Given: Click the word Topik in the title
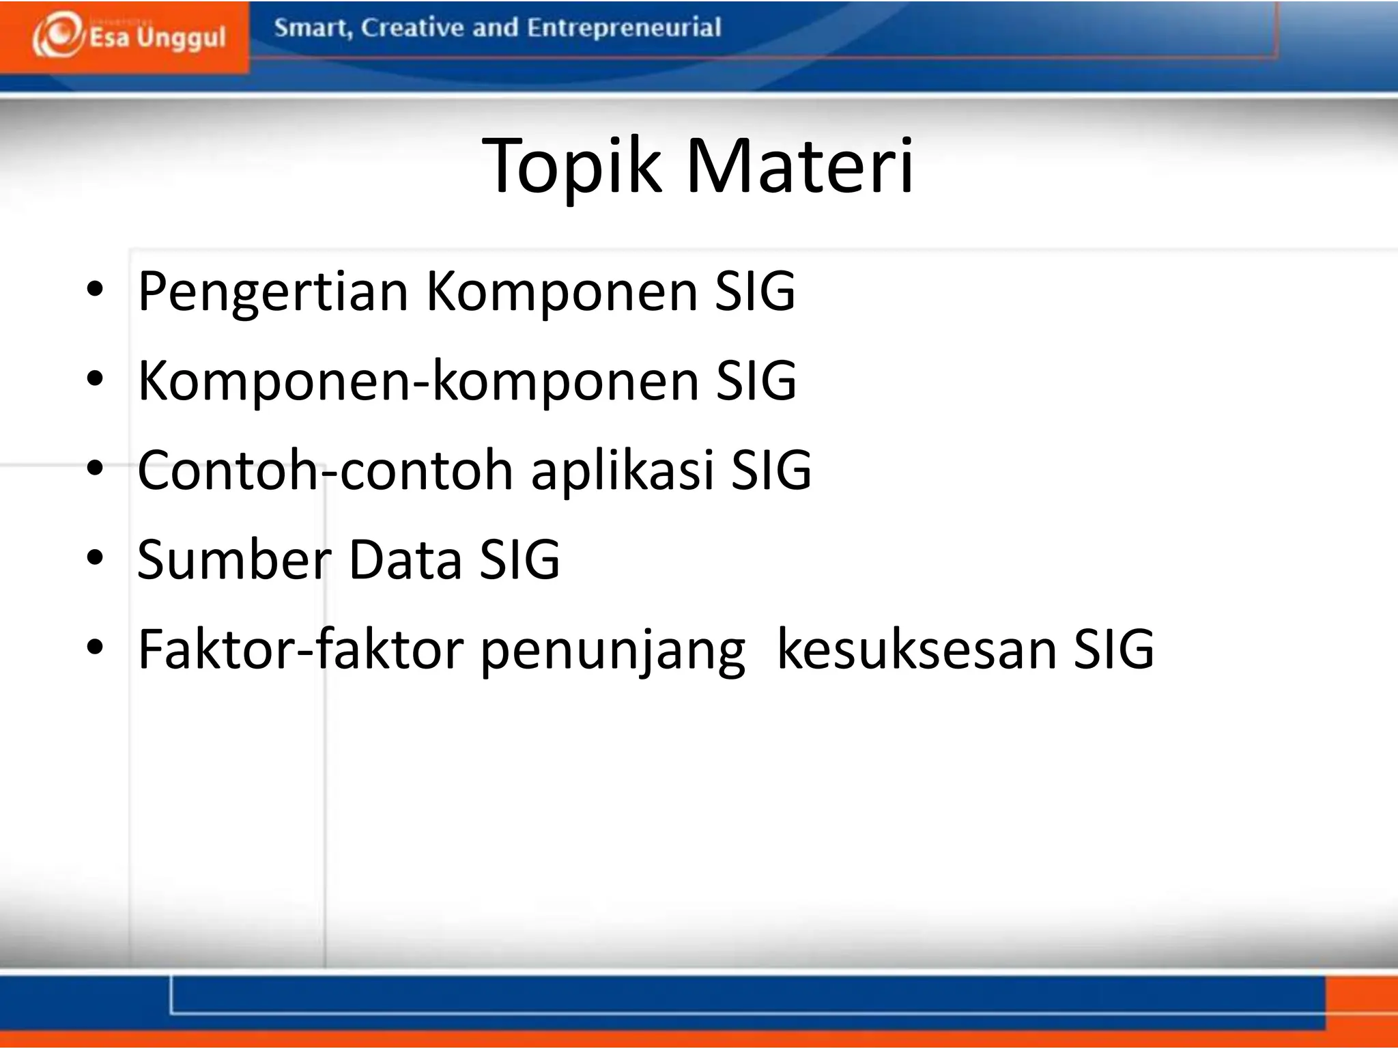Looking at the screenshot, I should [571, 166].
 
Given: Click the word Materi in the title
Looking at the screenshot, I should [799, 166].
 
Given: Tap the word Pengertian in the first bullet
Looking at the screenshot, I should [273, 292].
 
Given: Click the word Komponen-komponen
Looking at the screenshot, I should [418, 380].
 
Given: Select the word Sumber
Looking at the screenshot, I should [234, 559].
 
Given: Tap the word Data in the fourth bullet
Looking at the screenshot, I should [405, 559].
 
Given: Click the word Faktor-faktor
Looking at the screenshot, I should [301, 649].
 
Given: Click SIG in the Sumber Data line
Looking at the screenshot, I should [519, 559].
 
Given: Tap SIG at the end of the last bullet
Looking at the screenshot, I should [1113, 649].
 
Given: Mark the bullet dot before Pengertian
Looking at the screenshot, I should [95, 290].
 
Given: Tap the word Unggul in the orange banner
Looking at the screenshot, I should [181, 38].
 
